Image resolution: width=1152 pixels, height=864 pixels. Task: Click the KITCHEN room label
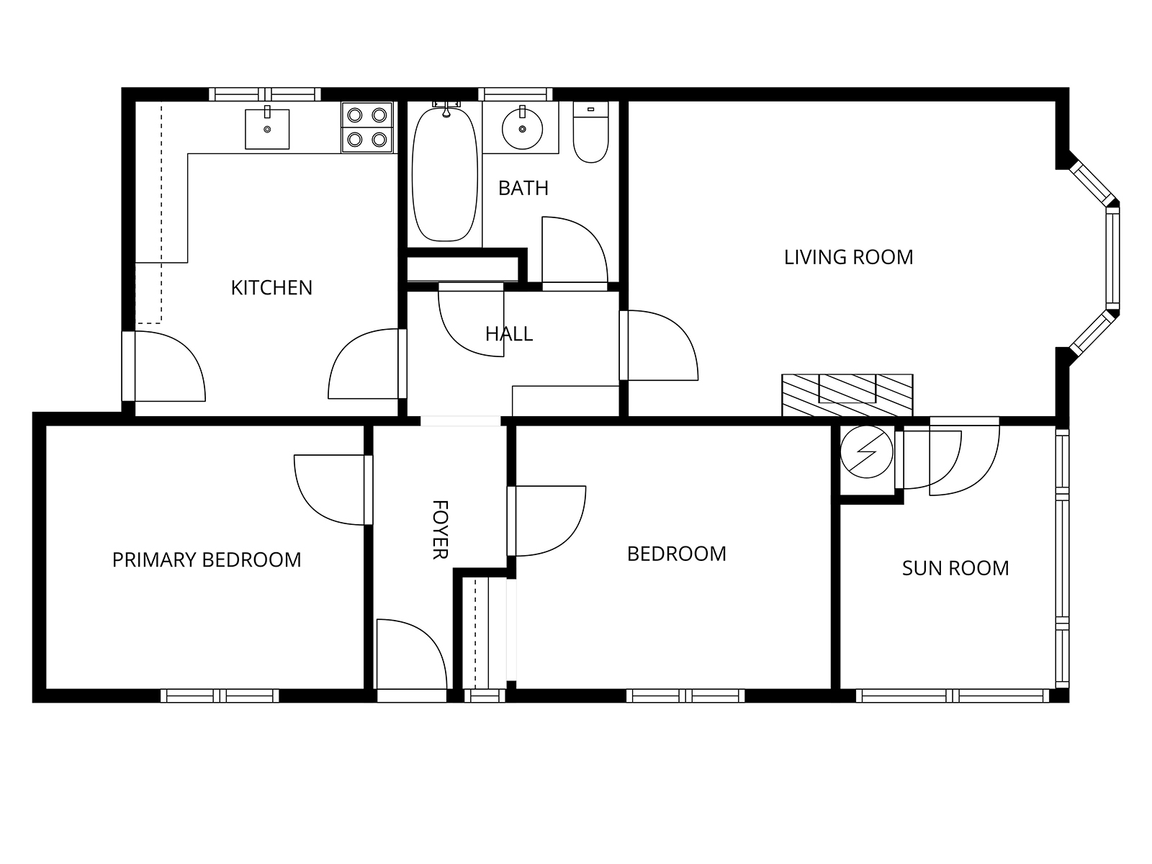pos(271,287)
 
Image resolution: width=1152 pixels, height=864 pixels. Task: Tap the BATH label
pos(523,188)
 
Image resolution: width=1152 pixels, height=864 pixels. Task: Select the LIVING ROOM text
pos(849,257)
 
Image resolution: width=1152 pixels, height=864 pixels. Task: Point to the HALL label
pos(509,333)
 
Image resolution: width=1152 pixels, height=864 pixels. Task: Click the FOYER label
pos(440,530)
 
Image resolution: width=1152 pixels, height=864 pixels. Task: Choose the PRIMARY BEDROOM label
pos(207,559)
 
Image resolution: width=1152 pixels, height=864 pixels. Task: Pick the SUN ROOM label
pos(955,568)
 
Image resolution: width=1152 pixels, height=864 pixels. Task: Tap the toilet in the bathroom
pos(590,132)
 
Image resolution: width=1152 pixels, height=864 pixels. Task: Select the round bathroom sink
pos(522,129)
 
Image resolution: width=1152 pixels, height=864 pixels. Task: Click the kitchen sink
pos(267,129)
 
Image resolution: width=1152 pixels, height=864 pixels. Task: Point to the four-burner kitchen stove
pos(367,127)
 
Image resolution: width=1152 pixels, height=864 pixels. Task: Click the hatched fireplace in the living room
pos(847,395)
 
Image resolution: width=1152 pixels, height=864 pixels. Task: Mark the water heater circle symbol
pos(866,451)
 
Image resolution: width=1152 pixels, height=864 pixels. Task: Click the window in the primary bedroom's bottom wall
pos(220,696)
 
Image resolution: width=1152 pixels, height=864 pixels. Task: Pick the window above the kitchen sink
pos(265,94)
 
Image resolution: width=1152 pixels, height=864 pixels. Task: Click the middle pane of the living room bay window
pos(1112,257)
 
